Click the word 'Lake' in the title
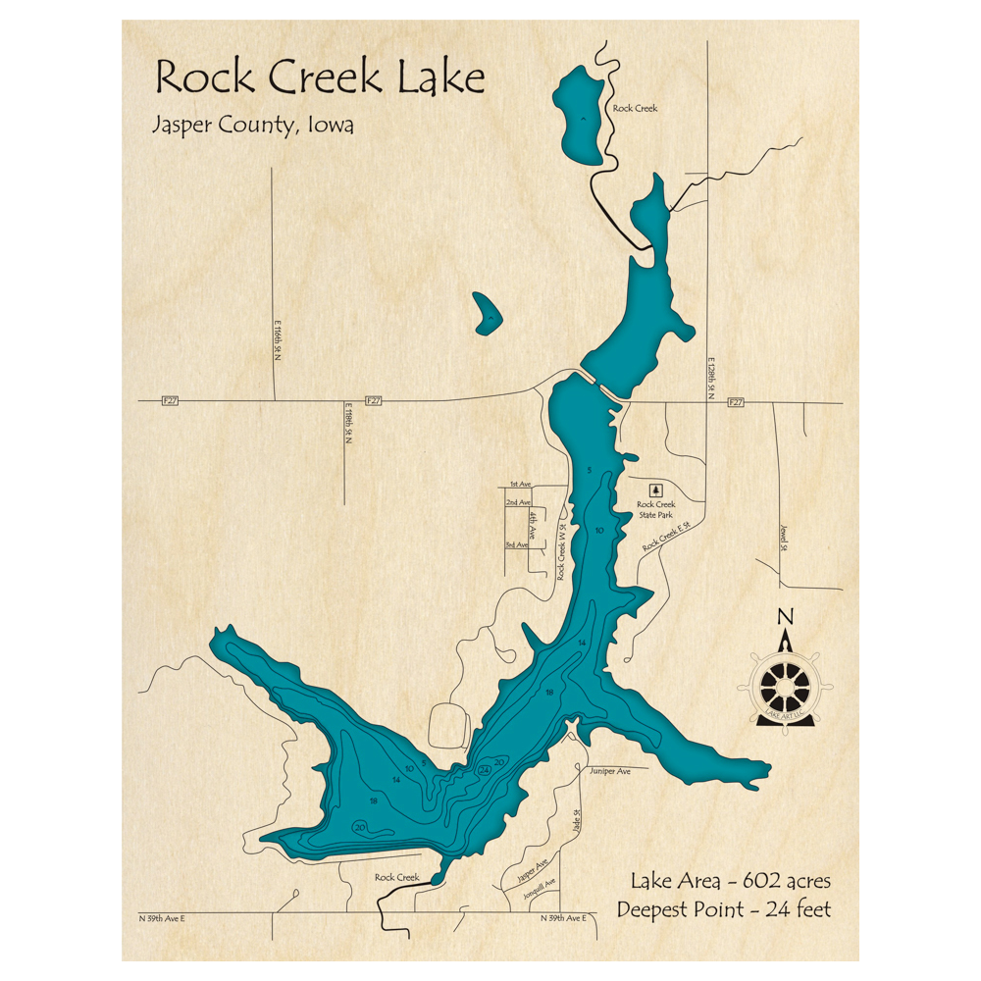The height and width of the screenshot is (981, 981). pos(441,77)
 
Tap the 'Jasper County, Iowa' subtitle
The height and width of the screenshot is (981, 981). pos(253,126)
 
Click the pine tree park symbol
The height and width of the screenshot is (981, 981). pos(656,489)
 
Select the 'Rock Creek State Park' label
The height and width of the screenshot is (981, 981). pos(656,509)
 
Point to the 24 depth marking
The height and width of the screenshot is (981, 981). pos(484,771)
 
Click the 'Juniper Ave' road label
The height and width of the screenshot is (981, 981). pos(610,772)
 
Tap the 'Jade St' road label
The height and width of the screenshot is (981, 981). pos(578,819)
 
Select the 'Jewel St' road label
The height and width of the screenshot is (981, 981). pos(784,539)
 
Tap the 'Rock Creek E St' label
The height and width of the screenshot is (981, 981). pos(667,538)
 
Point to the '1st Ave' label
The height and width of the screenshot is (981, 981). pos(520,485)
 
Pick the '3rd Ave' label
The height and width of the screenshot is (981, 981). pos(517,544)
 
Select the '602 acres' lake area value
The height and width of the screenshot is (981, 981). pos(785,880)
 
